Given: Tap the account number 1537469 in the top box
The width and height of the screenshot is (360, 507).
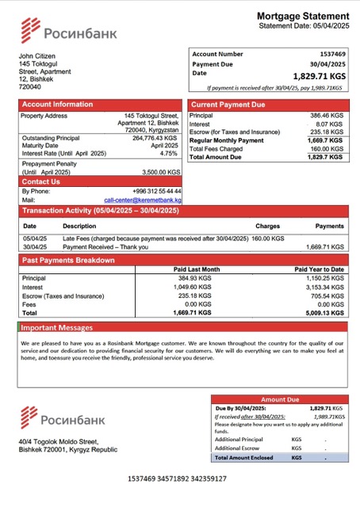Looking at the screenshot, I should click(328, 54).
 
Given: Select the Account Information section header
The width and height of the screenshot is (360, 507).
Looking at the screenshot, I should click(57, 105).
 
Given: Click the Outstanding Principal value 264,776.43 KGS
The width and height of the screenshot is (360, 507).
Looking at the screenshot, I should click(155, 138).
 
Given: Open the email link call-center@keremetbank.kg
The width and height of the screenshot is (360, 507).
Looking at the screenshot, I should click(143, 200).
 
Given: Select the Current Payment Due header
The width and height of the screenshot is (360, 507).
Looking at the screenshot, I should click(228, 105).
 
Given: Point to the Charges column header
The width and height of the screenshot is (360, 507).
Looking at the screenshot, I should click(267, 226).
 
